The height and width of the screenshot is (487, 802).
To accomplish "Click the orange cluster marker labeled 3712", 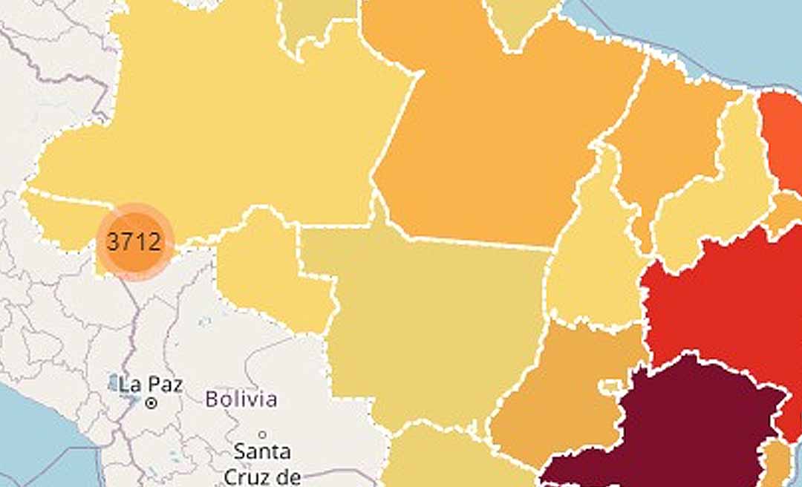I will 134,242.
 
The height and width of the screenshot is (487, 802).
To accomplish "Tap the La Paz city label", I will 151,385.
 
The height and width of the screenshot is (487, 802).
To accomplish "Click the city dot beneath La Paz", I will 151,403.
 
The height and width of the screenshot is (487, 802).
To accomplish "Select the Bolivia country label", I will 241,399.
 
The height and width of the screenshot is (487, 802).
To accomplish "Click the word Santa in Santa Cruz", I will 262,451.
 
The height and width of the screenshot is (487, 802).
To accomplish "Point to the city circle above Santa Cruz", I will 262,434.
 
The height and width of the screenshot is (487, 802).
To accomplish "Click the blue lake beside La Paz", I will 113,383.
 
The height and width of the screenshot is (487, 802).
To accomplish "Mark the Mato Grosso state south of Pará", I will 438,327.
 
